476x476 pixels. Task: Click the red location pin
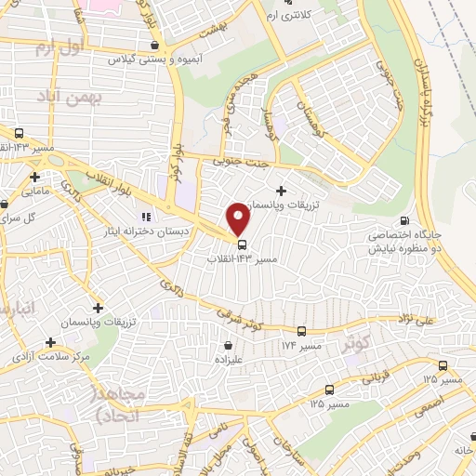(239, 218)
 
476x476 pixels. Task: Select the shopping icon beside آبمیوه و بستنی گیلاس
(154, 45)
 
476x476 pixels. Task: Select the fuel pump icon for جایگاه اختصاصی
(403, 221)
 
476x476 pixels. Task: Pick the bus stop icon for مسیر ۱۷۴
(300, 330)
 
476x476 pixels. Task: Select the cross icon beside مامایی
(34, 177)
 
